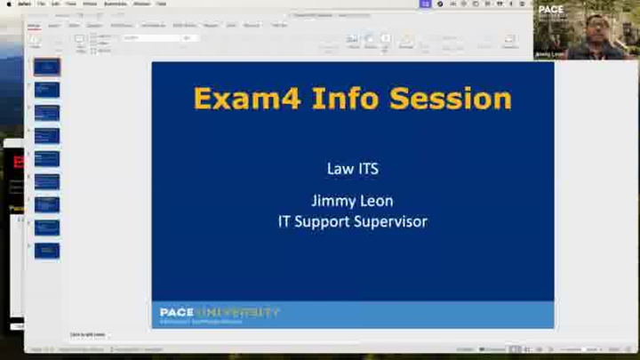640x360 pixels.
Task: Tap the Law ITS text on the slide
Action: (x=352, y=168)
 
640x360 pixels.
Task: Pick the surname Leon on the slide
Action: (x=376, y=201)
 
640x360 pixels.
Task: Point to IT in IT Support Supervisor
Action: (x=285, y=221)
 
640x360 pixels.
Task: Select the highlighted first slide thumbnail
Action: (x=47, y=67)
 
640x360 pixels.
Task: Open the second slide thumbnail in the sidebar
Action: (x=47, y=90)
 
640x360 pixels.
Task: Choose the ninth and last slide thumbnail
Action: (x=47, y=251)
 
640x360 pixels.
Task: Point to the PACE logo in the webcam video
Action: (x=551, y=12)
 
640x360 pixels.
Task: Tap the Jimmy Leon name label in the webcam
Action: (x=550, y=54)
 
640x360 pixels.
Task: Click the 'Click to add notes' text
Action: (x=88, y=334)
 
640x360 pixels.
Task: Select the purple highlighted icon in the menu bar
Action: (x=427, y=4)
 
